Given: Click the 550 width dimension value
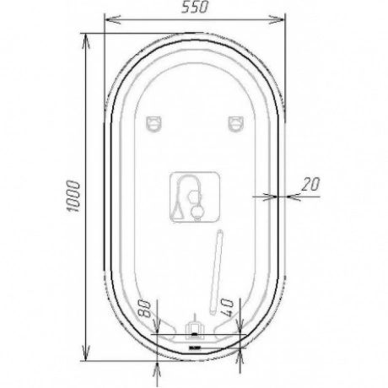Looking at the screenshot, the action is [195, 8].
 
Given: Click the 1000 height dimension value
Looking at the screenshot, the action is [73, 196].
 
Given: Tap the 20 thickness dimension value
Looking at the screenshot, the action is [310, 184].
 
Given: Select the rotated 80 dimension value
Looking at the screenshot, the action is [143, 308].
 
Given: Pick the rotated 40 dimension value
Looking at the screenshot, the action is [227, 308].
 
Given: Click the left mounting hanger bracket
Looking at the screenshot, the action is [154, 123].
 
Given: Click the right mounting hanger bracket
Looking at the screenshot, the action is [236, 124].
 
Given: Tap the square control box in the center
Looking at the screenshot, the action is [195, 197].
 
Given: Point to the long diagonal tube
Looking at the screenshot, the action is [217, 272].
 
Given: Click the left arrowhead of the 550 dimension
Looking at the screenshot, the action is [112, 19].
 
